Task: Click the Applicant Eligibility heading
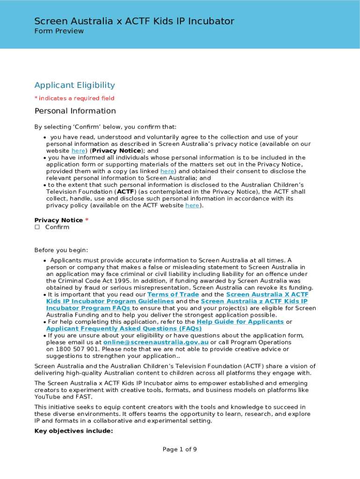coord(74,85)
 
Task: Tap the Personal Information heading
coord(75,111)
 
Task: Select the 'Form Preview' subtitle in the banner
coord(59,31)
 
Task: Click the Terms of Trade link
coord(173,295)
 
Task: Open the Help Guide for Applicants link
coord(240,322)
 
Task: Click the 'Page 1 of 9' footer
coord(180,450)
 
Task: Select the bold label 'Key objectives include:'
coord(73,431)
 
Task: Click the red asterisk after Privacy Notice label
coord(87,220)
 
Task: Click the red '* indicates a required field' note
coord(74,98)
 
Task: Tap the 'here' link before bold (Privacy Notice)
coord(78,151)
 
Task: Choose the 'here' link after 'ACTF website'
coord(192,205)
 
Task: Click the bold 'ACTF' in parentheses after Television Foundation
coord(125,192)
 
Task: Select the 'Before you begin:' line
coord(61,250)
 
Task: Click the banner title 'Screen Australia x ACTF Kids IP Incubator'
coord(134,21)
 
